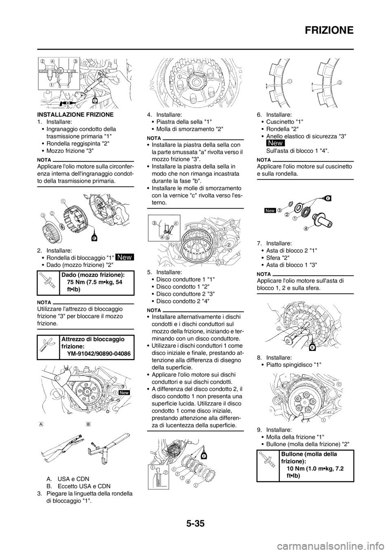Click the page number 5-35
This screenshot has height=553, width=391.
(x=195, y=524)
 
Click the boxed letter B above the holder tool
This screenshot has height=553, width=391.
(x=88, y=424)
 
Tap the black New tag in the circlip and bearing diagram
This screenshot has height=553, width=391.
(x=270, y=211)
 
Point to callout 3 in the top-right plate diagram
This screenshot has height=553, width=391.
(x=340, y=82)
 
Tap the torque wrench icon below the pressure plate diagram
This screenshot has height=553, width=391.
(x=268, y=459)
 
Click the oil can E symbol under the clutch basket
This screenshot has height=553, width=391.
(x=94, y=238)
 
